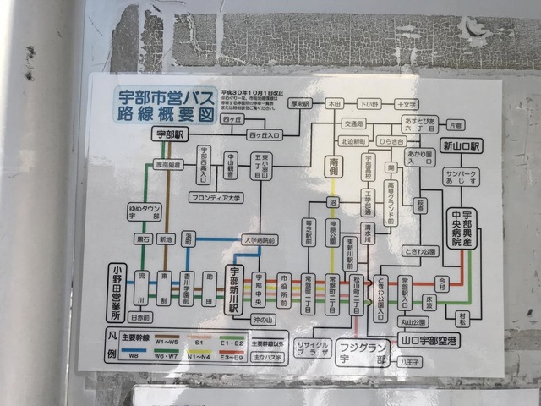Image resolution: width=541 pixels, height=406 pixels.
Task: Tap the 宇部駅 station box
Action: tap(169, 134)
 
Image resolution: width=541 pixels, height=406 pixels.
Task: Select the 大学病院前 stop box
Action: tap(260, 239)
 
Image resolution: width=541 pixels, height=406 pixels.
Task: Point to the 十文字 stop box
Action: tap(407, 103)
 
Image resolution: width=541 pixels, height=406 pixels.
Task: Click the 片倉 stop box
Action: tap(455, 124)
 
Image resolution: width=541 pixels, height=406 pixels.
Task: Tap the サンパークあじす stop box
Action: tap(462, 178)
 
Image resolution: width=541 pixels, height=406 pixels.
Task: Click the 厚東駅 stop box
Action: tap(300, 103)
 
